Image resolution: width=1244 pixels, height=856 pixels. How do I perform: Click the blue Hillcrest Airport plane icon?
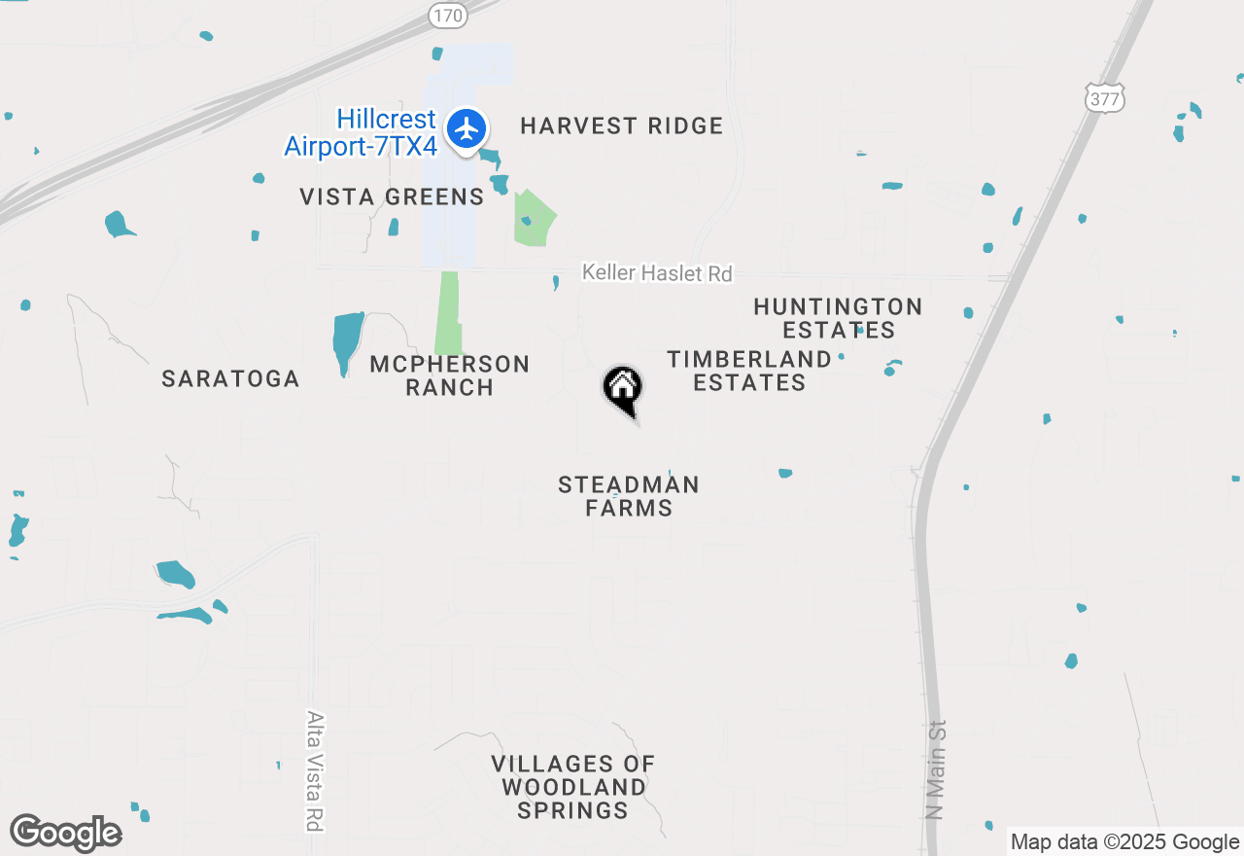click(467, 128)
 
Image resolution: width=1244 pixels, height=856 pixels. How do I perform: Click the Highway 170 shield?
click(448, 16)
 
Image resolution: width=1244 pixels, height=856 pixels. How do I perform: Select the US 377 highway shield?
click(1106, 96)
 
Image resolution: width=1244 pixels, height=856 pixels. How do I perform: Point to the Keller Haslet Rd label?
click(657, 273)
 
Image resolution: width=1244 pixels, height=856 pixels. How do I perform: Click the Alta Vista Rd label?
click(314, 770)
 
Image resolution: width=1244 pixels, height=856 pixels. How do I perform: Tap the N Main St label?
click(935, 768)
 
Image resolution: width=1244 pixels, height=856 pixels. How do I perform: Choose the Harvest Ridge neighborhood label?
click(622, 125)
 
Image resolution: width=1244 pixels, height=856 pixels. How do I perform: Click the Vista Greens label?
click(392, 196)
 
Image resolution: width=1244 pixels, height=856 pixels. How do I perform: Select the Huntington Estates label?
click(838, 318)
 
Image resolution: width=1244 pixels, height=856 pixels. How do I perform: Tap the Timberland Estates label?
click(749, 371)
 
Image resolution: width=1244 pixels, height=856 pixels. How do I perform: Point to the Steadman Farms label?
click(629, 495)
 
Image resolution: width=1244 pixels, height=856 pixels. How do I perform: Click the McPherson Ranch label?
click(450, 375)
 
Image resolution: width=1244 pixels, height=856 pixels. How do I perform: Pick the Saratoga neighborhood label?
click(230, 379)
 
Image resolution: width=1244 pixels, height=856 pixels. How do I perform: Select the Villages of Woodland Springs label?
click(572, 787)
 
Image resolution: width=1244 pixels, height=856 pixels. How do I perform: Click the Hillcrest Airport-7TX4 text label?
click(361, 133)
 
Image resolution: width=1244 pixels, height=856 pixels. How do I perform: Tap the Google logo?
click(65, 833)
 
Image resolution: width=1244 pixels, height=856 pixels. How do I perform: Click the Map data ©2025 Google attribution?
click(1124, 842)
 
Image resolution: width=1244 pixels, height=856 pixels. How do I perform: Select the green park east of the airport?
click(535, 218)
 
